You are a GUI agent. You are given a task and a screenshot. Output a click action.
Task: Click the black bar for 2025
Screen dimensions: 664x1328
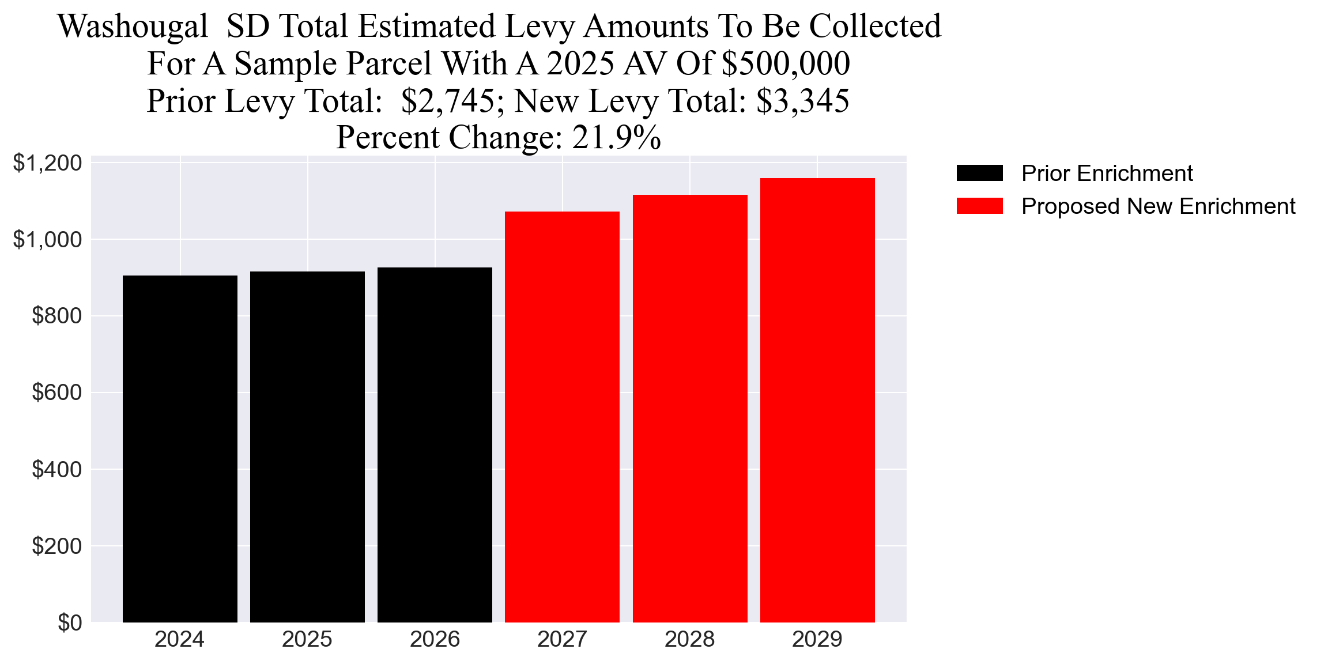(307, 447)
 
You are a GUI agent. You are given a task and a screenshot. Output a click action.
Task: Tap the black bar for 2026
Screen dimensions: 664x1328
(435, 444)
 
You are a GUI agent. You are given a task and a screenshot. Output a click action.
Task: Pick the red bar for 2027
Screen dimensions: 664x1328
(562, 417)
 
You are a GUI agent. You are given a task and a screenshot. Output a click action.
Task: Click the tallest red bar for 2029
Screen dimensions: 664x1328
(817, 400)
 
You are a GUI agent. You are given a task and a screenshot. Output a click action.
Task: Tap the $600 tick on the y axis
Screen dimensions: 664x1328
(56, 393)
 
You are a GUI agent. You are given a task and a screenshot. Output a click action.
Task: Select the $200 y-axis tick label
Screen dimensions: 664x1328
(56, 546)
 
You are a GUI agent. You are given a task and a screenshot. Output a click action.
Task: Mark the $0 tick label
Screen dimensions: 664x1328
(70, 623)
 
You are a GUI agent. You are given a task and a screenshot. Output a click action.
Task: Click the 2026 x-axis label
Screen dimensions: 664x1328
(435, 640)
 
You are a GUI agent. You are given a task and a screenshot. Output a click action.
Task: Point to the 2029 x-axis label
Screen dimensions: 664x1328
(817, 640)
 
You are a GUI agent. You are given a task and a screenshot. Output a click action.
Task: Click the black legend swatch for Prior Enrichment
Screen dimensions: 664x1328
(979, 173)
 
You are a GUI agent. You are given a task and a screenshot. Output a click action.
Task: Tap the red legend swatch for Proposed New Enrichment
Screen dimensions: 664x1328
(979, 206)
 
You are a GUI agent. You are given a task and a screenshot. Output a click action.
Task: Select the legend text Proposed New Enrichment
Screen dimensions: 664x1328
(1158, 206)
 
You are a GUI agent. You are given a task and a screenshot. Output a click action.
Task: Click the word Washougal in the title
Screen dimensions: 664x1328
(133, 27)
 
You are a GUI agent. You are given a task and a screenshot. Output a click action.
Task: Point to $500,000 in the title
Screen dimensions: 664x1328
(786, 63)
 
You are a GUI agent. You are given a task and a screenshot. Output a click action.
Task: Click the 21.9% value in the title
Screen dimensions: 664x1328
(616, 138)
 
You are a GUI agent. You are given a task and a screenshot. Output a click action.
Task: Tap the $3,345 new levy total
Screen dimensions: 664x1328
(802, 101)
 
